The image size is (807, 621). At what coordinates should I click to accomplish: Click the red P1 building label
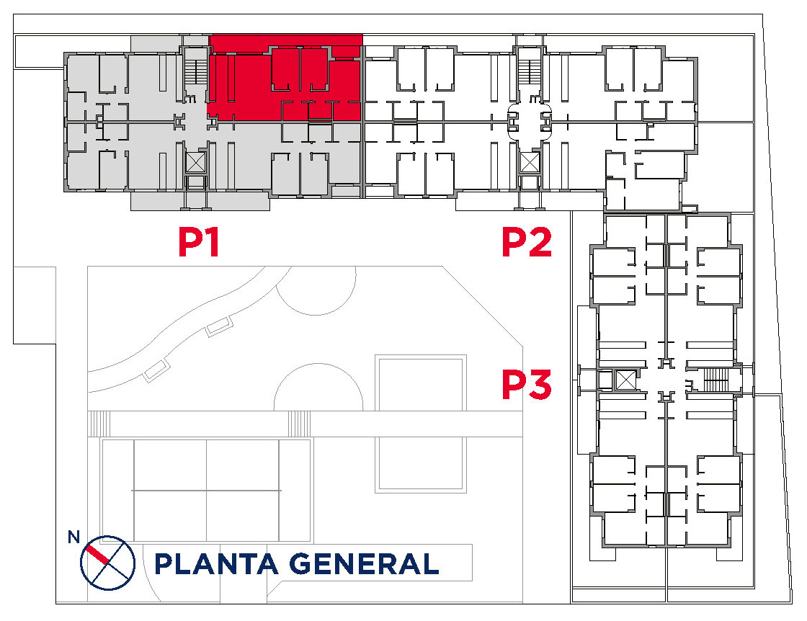click(x=199, y=242)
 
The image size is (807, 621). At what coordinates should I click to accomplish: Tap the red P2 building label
click(x=527, y=242)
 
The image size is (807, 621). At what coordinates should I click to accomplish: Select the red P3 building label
click(x=527, y=384)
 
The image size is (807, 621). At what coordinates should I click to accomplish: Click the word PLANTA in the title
click(x=215, y=564)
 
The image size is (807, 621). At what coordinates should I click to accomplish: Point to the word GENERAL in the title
click(x=364, y=564)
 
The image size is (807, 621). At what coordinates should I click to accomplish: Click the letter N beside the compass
click(x=73, y=537)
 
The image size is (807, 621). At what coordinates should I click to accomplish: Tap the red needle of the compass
click(x=97, y=555)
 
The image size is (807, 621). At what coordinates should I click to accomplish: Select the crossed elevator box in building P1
click(x=195, y=163)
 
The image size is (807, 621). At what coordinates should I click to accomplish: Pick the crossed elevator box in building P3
click(x=625, y=380)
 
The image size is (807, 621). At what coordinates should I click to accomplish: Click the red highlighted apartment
click(x=285, y=78)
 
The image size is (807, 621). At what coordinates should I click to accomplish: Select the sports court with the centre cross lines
click(x=206, y=491)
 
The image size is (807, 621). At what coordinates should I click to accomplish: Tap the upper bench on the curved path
click(x=220, y=326)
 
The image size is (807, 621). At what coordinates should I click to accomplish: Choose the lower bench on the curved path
click(x=156, y=370)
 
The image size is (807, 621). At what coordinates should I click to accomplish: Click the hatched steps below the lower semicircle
click(x=299, y=424)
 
